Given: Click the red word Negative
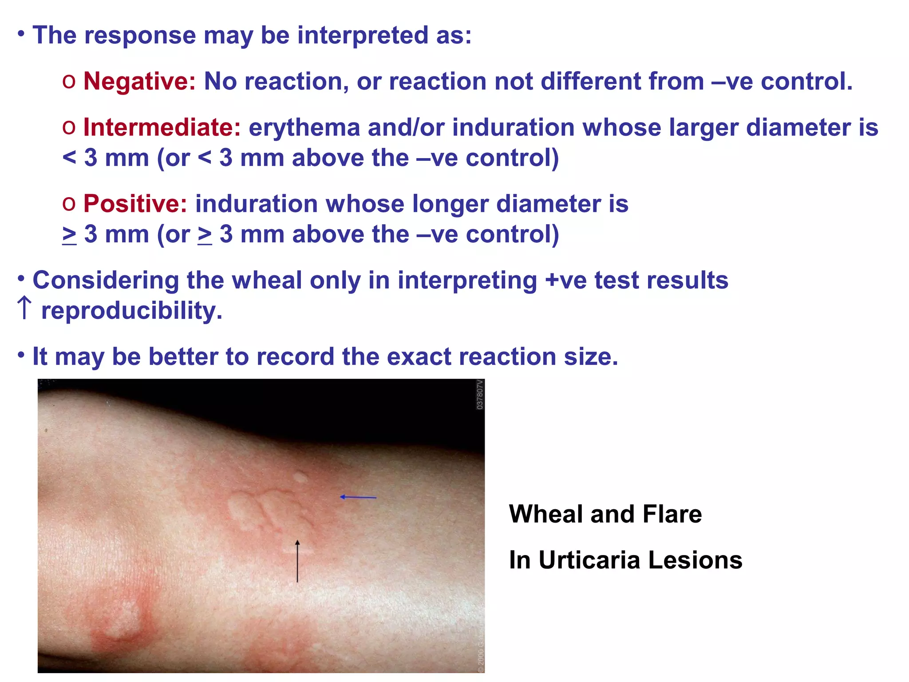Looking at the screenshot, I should click(139, 82).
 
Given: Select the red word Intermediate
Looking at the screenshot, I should click(162, 127).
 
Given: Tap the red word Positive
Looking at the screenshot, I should click(135, 204).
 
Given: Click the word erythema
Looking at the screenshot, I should click(304, 127).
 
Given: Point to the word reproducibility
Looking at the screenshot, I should click(131, 310).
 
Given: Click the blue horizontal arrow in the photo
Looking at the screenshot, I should click(358, 497).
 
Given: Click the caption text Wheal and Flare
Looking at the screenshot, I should click(605, 514).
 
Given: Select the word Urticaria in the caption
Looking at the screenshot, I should click(589, 560).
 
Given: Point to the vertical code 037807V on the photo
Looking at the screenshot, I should click(479, 395).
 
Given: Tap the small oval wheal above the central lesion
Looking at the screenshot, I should click(300, 478).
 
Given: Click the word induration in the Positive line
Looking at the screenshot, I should click(256, 204).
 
